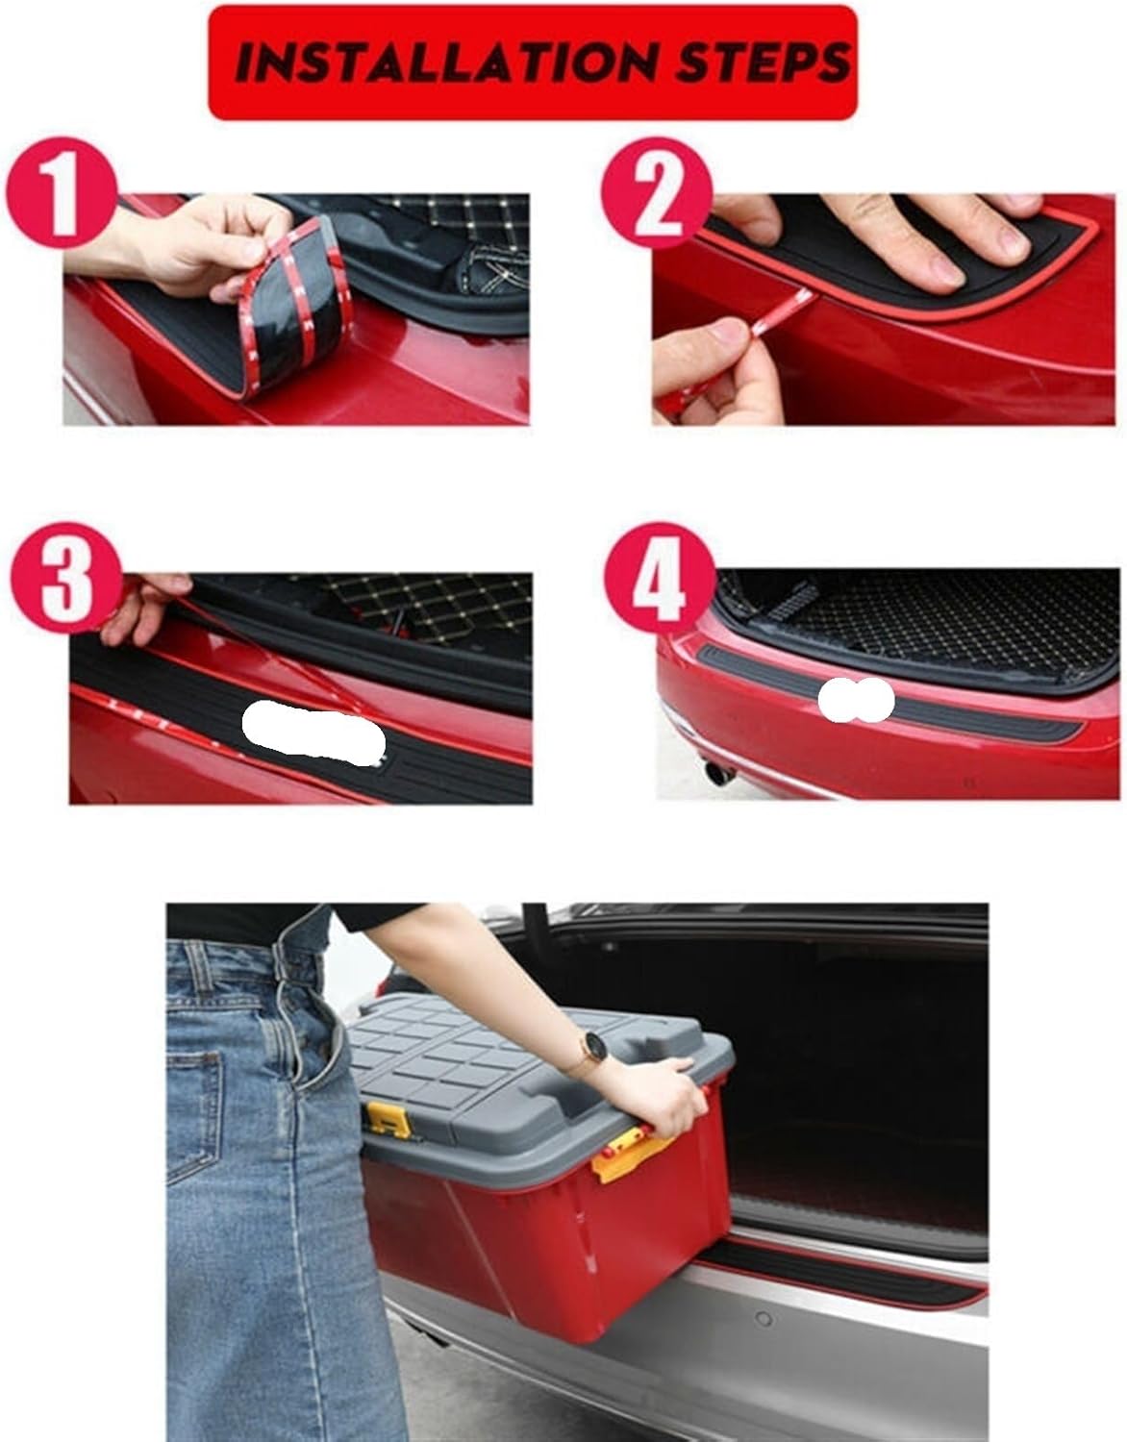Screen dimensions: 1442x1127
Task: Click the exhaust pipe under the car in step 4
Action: click(716, 769)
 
